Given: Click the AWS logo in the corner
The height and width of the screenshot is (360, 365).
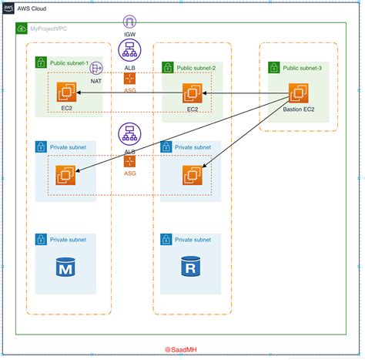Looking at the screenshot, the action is coord(8,8).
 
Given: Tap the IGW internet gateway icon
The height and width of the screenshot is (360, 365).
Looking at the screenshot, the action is coord(129,22).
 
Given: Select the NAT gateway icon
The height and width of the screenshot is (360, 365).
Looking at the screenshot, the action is coord(96,68).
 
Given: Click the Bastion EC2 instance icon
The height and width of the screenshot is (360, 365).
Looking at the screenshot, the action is coord(299,93).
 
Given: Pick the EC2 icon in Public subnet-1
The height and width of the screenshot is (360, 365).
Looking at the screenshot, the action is coord(66,92).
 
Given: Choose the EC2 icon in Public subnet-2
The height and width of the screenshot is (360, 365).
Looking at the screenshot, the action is coord(193,93).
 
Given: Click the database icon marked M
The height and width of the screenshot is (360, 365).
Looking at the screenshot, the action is coord(65,267).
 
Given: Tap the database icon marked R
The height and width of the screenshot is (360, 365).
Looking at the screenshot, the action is coord(190,266).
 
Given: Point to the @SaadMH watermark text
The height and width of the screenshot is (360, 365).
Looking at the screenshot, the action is coord(181,350).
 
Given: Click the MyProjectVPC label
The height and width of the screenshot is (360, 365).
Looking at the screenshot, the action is coord(49,29).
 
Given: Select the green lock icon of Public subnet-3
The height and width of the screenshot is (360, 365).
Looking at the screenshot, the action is coord(274,68).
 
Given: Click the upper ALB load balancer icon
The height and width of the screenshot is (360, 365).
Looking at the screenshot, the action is coord(129,50).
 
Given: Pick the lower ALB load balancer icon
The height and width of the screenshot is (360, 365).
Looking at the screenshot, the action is coord(129,134).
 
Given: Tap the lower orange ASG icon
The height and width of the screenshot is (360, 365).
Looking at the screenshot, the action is coord(129,161).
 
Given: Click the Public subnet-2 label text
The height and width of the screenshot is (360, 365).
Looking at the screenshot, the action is coord(196,68).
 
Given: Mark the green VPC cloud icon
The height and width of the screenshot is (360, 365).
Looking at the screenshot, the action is coord(22,29).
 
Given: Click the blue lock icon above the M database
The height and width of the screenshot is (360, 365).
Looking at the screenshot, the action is coord(41,240).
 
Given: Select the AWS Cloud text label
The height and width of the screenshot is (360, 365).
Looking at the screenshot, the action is coord(32,8).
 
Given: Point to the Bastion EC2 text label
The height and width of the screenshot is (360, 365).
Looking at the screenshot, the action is coord(299,109).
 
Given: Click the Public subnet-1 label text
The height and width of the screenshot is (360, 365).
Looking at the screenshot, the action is coord(69,63).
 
